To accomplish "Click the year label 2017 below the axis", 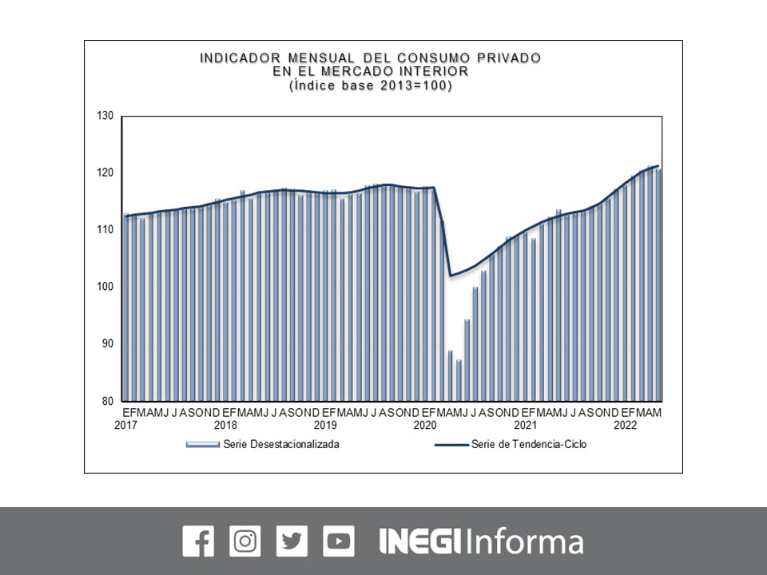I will point(125,426).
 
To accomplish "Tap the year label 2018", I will point(225,426).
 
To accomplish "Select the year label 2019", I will point(325,426).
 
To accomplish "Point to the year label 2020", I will point(425,426).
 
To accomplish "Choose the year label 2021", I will point(525,426).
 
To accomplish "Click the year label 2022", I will point(625,426).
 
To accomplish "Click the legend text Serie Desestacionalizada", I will point(281,445).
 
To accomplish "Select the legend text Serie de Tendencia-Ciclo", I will point(529,445).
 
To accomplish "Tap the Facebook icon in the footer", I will point(198,541).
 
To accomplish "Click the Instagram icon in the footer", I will point(244,541).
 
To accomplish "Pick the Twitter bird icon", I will point(292,541).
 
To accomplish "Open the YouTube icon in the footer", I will point(339,541).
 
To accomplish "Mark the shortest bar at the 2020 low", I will point(459,380).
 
